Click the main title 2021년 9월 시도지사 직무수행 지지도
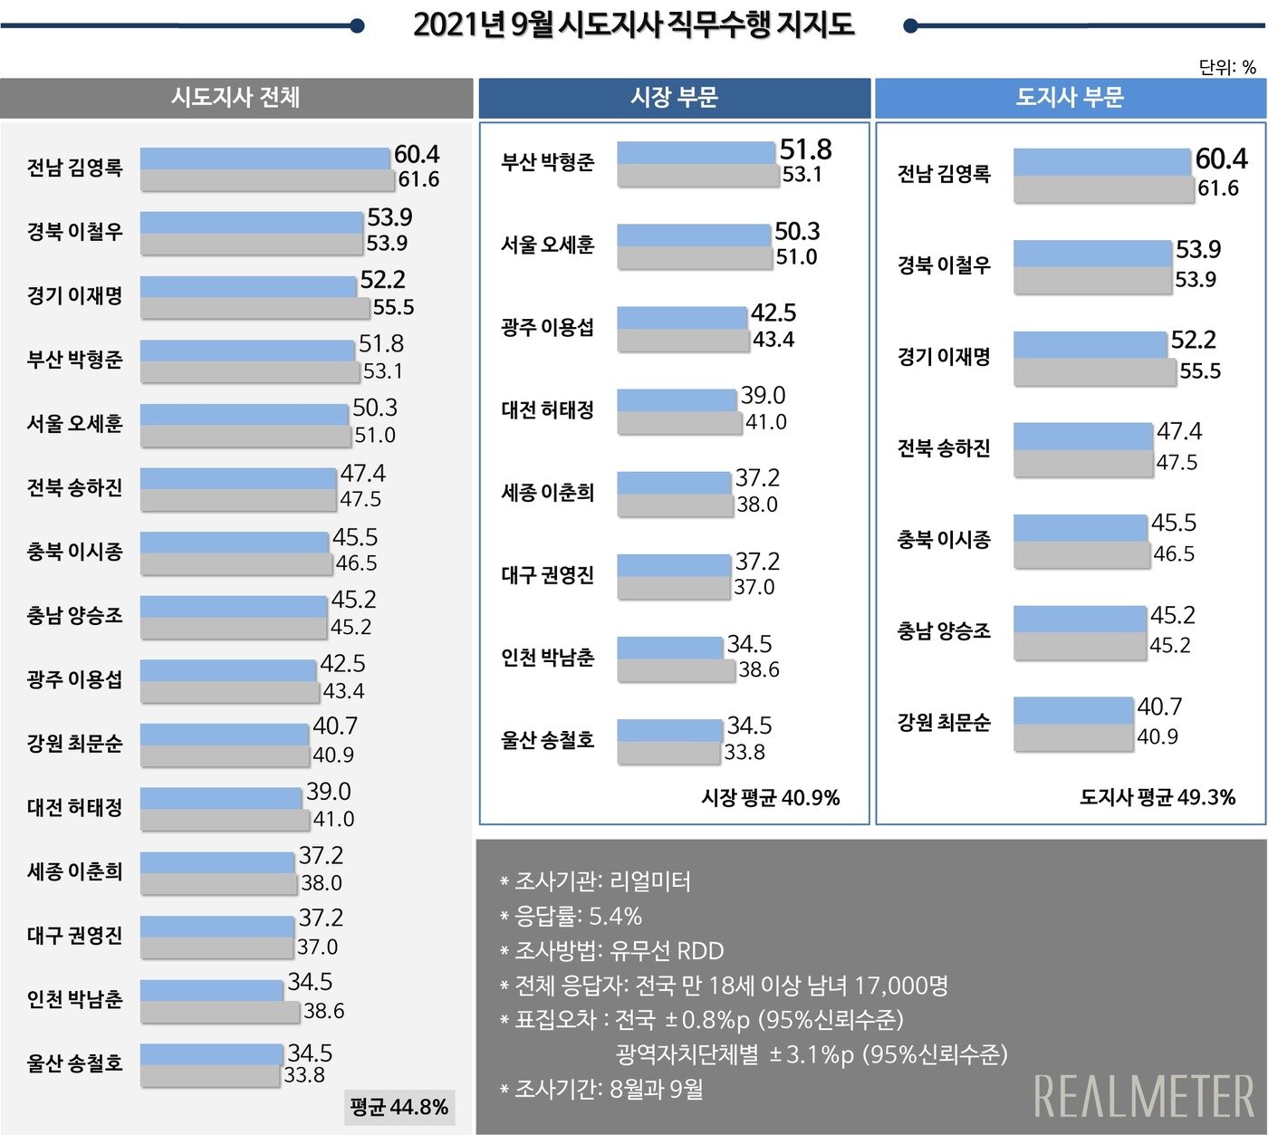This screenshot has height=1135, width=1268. pyautogui.click(x=633, y=25)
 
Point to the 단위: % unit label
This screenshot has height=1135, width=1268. pyautogui.click(x=1226, y=67)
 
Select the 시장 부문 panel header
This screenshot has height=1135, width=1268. pyautogui.click(x=674, y=97)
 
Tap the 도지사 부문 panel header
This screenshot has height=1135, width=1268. pyautogui.click(x=1070, y=97)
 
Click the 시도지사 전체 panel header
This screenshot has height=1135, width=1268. pyautogui.click(x=235, y=97)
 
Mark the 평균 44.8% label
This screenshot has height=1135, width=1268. pyautogui.click(x=399, y=1107)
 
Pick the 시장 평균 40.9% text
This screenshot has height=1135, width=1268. pyautogui.click(x=770, y=797)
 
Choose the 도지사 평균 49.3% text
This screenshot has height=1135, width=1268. pyautogui.click(x=1158, y=797)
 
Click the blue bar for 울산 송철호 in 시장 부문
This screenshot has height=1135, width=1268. pyautogui.click(x=669, y=730)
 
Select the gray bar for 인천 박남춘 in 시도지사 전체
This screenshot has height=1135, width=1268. pyautogui.click(x=220, y=1013)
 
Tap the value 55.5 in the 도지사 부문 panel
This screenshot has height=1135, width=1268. pyautogui.click(x=1200, y=370)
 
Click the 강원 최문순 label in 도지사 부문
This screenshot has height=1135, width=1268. pyautogui.click(x=944, y=723)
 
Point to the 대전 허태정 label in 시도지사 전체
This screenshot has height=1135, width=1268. pyautogui.click(x=74, y=807)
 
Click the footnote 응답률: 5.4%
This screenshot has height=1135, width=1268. pyautogui.click(x=571, y=916)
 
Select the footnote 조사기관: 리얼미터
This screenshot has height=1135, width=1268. pyautogui.click(x=595, y=881)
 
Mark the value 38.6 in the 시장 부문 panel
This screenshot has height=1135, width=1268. pyautogui.click(x=759, y=669)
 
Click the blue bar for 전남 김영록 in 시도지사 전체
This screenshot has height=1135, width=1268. pyautogui.click(x=264, y=159)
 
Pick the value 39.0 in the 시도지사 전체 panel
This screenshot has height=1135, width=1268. pyautogui.click(x=329, y=792)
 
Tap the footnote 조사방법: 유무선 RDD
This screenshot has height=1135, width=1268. pyautogui.click(x=611, y=951)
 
